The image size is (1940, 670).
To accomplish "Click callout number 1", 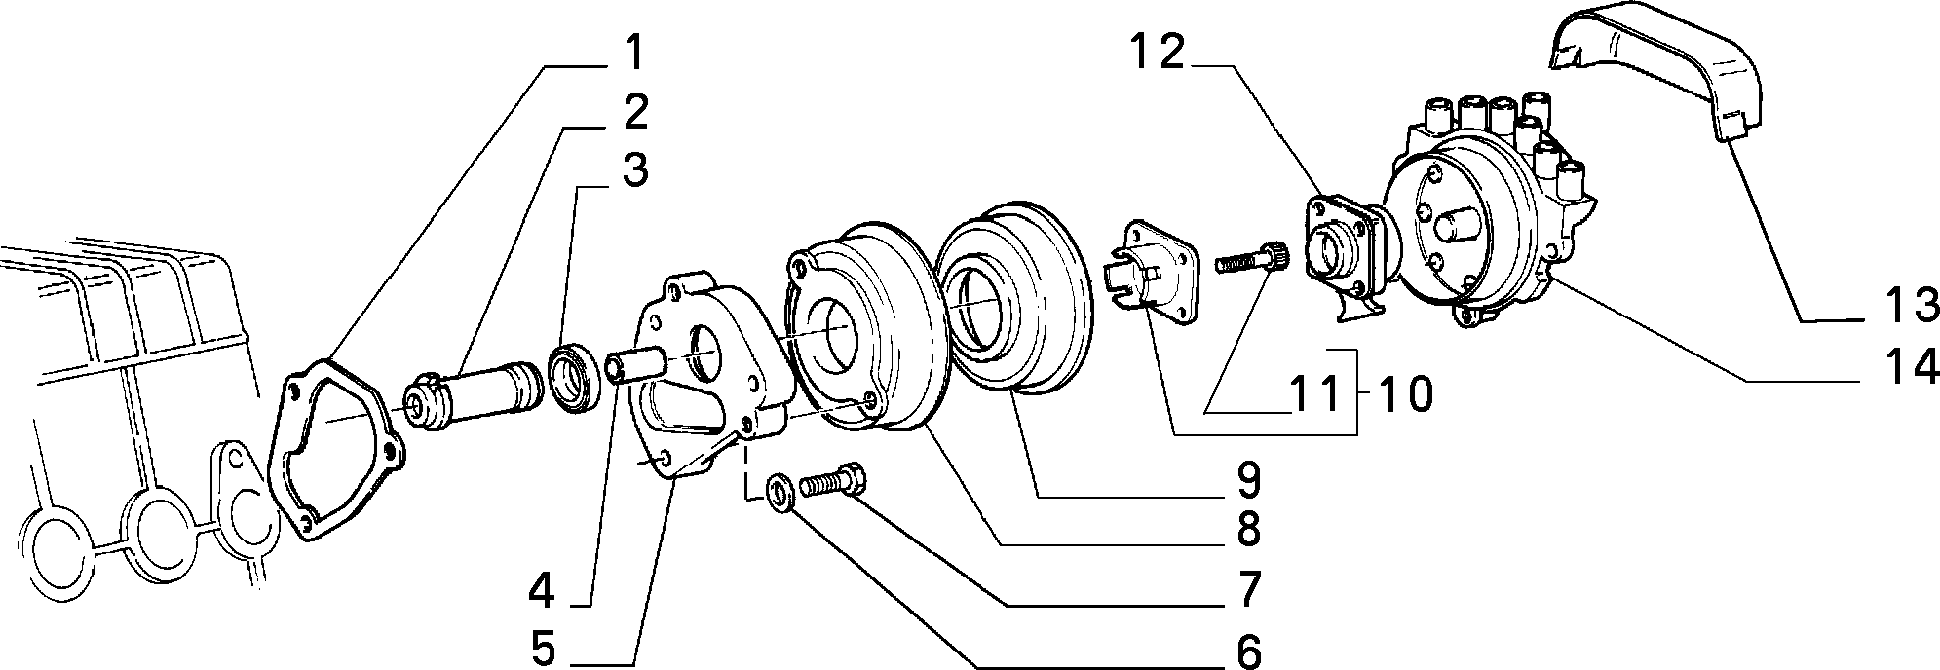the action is pyautogui.click(x=634, y=55).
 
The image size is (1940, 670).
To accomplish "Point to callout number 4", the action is pyautogui.click(x=542, y=589).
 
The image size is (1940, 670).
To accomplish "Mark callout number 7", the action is pyautogui.click(x=1248, y=589).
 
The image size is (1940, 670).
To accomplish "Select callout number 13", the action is pyautogui.click(x=1911, y=306).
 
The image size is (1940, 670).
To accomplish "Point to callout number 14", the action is pyautogui.click(x=1911, y=367).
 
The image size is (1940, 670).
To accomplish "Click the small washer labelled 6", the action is pyautogui.click(x=780, y=490).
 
